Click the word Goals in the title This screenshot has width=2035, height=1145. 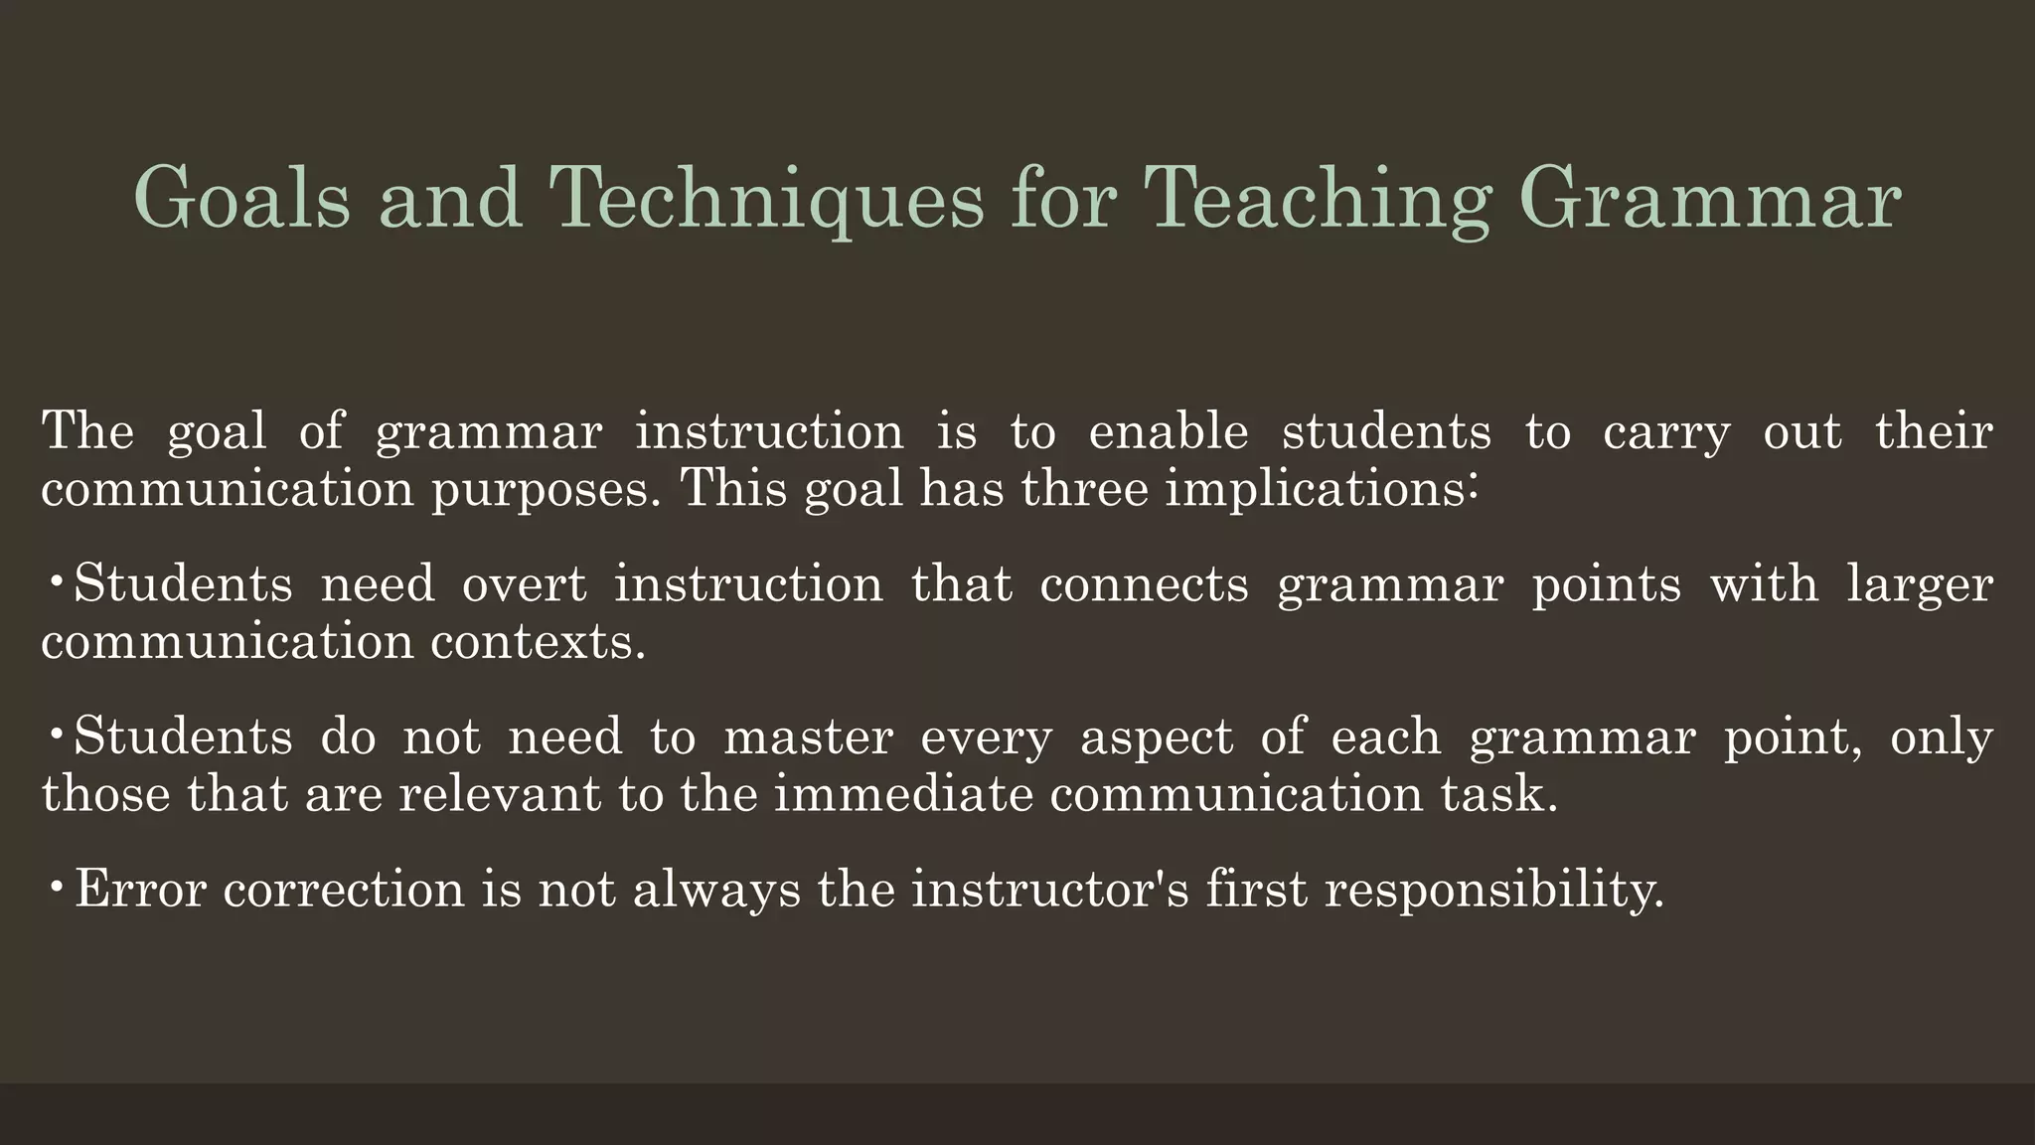coord(241,198)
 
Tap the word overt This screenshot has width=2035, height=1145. coord(525,583)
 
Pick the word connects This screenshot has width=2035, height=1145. coord(1144,583)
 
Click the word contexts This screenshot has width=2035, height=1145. coord(538,642)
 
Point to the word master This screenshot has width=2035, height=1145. coord(808,737)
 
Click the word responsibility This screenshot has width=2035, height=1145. coord(1493,890)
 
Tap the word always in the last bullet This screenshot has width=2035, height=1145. coord(715,890)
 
